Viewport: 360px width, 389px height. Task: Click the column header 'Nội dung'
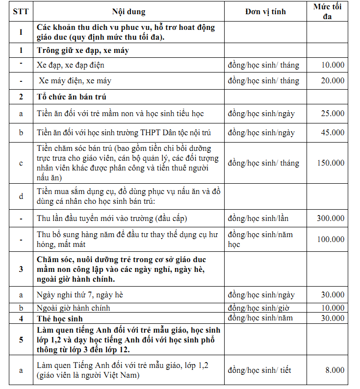click(x=129, y=12)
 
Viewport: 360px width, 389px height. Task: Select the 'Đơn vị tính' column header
click(x=265, y=12)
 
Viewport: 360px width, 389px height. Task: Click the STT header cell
click(x=21, y=12)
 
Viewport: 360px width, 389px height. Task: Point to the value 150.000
click(x=330, y=163)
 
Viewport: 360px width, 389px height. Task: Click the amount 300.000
click(x=330, y=218)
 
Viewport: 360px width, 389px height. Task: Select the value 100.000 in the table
click(x=330, y=239)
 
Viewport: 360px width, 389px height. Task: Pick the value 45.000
click(x=333, y=132)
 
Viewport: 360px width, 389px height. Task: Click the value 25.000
click(x=333, y=114)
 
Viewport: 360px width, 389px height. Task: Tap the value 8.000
click(x=334, y=370)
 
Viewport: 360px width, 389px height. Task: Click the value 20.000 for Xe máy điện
click(x=333, y=81)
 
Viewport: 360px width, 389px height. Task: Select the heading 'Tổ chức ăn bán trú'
click(x=72, y=97)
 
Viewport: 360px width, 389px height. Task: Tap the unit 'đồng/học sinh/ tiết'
click(x=259, y=370)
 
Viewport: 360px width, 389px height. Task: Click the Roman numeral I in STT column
click(x=21, y=32)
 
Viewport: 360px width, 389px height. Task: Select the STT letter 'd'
click(x=21, y=196)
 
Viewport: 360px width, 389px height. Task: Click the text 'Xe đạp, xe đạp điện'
click(x=71, y=65)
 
